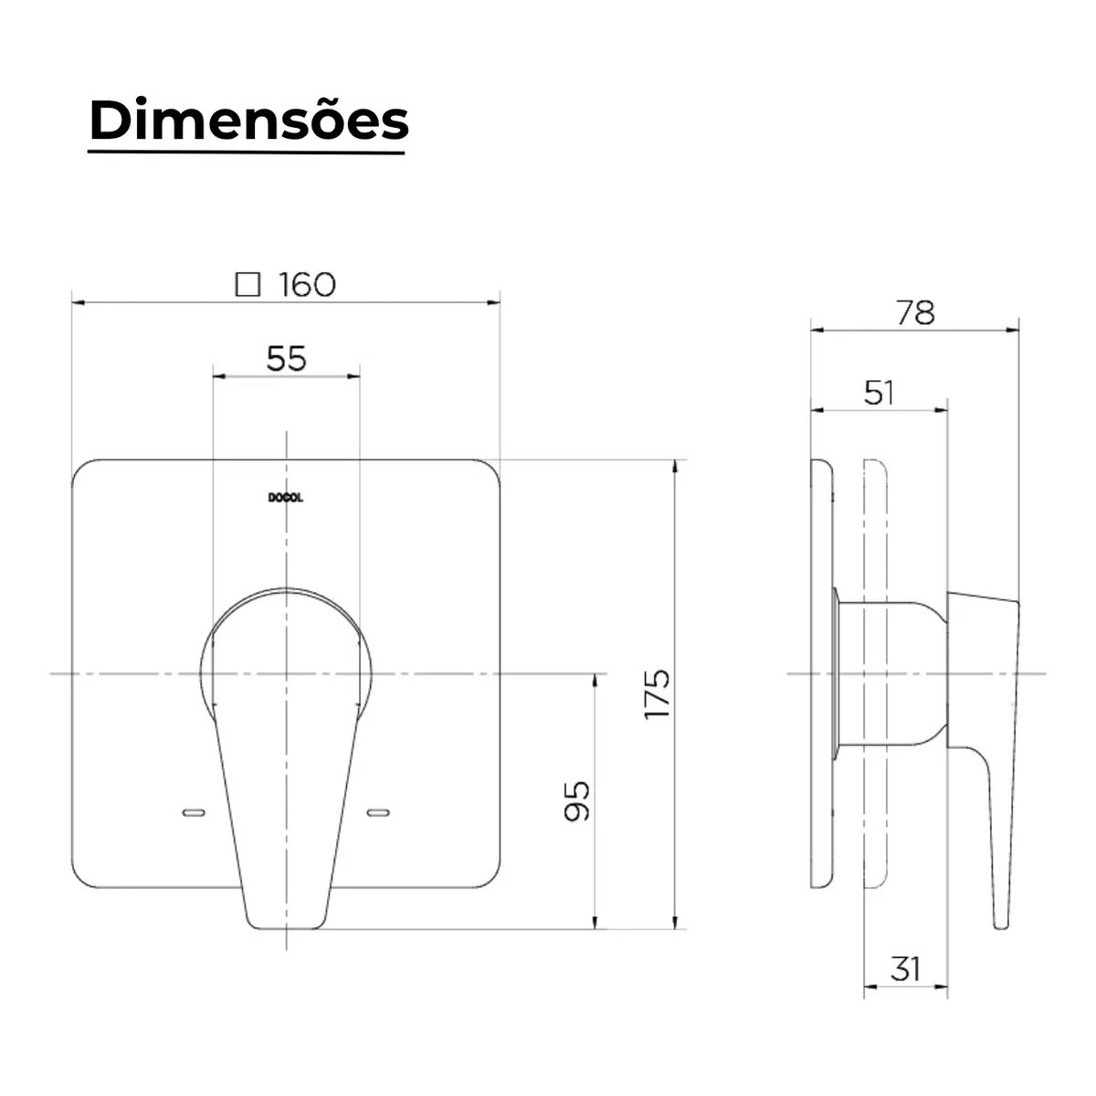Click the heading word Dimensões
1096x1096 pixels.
point(249,121)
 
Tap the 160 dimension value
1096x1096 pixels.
point(307,284)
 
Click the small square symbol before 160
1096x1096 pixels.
point(248,284)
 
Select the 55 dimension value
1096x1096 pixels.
point(286,358)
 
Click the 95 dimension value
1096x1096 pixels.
point(576,801)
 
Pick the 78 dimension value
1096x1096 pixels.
point(915,312)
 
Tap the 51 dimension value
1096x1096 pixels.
point(879,393)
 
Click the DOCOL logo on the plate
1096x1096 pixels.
point(286,499)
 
